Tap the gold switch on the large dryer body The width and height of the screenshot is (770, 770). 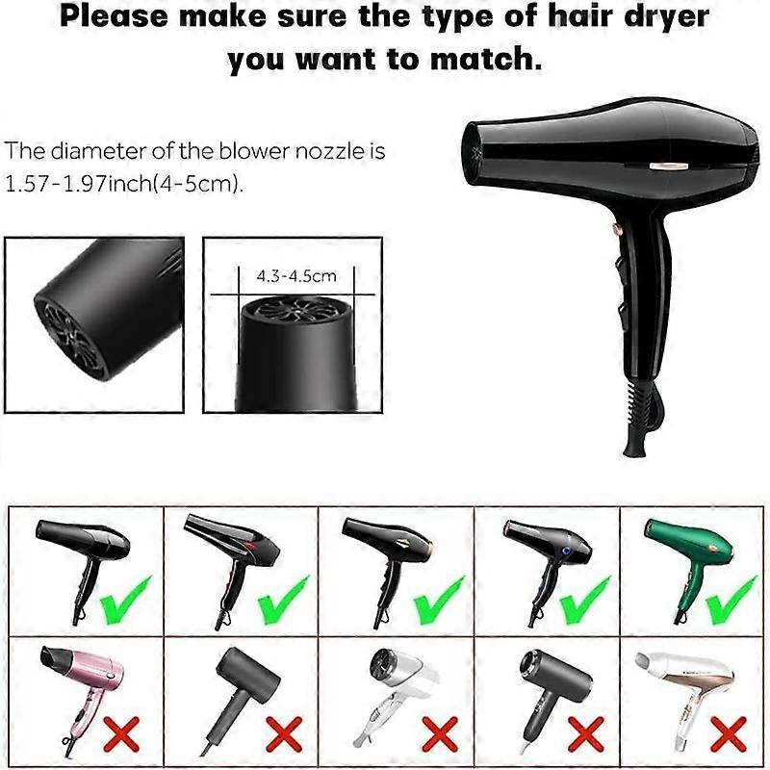pos(666,166)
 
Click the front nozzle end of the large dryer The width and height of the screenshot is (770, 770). pos(472,152)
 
